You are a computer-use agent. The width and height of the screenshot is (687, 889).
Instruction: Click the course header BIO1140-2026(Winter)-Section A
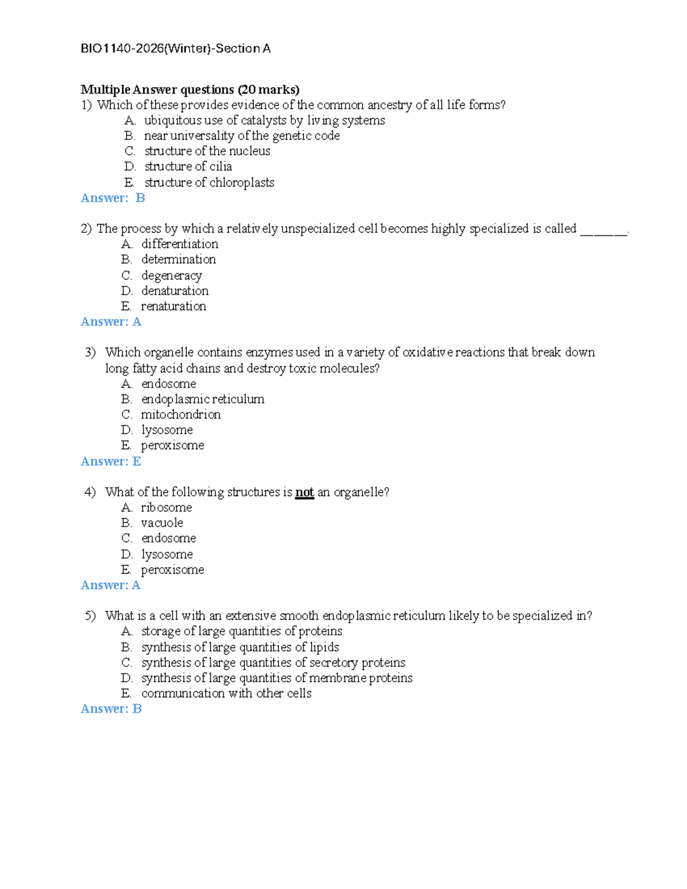tap(176, 49)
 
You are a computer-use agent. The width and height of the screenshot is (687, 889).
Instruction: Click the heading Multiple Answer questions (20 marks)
tap(190, 89)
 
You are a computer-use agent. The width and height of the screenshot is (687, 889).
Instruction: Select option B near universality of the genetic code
tap(242, 136)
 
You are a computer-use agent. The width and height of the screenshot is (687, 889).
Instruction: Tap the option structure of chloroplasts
tap(209, 183)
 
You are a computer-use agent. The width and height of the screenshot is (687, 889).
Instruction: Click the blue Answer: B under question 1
tap(113, 198)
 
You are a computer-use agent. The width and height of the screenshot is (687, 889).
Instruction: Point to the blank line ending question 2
tap(604, 230)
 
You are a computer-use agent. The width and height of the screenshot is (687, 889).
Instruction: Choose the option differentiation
tap(180, 244)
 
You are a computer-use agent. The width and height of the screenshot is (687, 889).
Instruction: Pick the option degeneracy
tap(172, 275)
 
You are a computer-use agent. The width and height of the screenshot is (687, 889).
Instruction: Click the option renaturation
tap(173, 306)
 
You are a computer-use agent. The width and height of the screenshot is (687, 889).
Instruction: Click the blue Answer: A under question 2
tap(111, 322)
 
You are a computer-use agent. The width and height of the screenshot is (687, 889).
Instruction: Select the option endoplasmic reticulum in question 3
tap(203, 399)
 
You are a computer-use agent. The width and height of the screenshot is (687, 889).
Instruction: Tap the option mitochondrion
tap(181, 414)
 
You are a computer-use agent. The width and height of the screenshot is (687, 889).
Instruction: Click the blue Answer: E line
tap(111, 461)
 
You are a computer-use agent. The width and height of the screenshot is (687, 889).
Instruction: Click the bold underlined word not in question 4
tap(305, 492)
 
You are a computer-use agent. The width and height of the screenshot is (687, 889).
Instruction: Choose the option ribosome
tap(167, 507)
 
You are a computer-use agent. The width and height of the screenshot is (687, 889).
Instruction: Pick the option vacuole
tap(162, 523)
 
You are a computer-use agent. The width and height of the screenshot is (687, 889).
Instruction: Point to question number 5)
tap(90, 616)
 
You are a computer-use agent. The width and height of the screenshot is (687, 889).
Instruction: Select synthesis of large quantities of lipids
tap(240, 647)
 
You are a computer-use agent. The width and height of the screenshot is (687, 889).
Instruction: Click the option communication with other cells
tap(226, 693)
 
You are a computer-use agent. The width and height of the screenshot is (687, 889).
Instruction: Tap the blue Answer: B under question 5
tap(111, 709)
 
